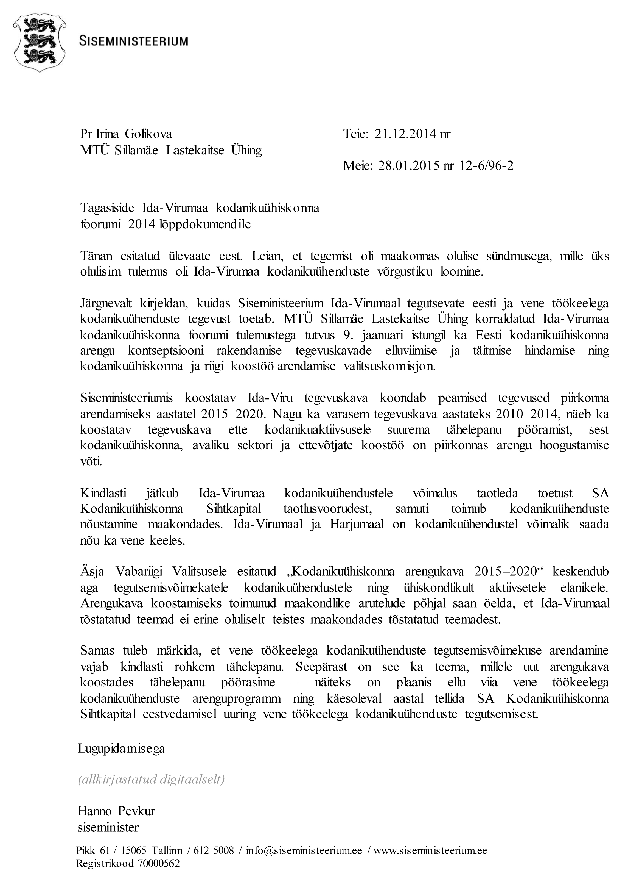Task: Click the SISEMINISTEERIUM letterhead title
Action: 133,41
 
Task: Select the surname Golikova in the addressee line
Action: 148,134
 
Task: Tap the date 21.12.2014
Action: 405,134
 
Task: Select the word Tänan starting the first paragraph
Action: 96,256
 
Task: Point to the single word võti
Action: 91,461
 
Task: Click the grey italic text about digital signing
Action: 151,780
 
